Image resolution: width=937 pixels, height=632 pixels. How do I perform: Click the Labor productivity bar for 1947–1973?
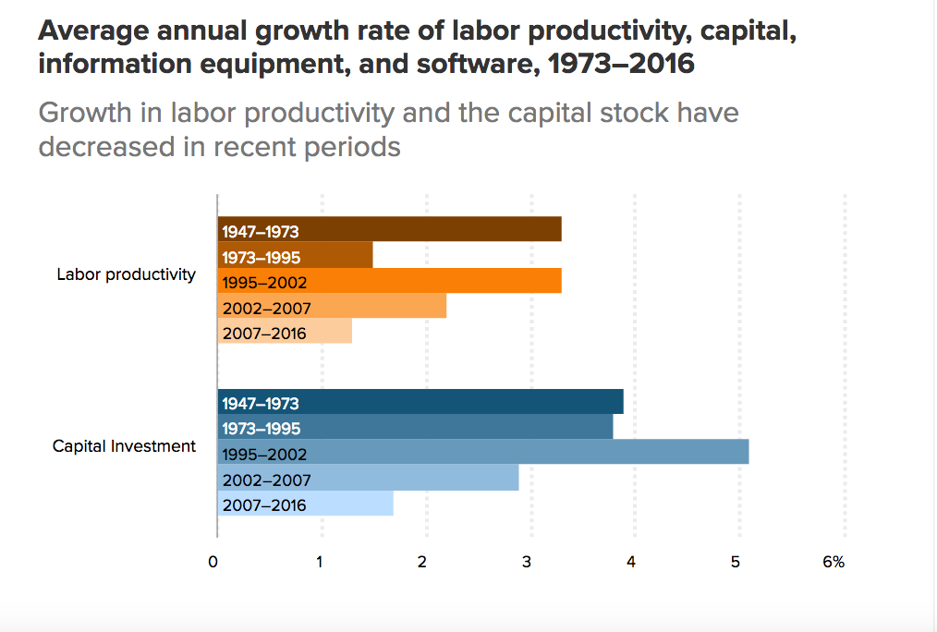click(389, 229)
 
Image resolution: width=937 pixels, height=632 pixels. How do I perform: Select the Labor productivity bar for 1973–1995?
click(295, 255)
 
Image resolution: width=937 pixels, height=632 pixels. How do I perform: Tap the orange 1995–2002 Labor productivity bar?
click(389, 280)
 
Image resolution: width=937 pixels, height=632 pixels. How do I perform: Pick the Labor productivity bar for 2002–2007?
click(332, 306)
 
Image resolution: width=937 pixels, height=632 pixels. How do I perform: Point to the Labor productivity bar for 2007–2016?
click(285, 331)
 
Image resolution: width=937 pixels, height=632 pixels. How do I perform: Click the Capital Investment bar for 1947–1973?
click(420, 402)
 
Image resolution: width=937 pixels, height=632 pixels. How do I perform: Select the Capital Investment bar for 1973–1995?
click(415, 428)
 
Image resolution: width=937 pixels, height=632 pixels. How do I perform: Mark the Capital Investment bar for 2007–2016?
click(305, 504)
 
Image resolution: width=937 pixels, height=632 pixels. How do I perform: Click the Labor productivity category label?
click(126, 274)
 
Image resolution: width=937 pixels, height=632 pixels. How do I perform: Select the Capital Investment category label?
click(124, 446)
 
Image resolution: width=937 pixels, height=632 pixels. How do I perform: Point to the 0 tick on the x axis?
click(213, 562)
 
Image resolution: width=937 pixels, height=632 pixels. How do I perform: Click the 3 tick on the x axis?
click(527, 562)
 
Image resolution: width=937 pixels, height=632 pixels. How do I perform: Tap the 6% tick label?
click(834, 562)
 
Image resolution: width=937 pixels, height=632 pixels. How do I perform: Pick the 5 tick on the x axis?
click(736, 562)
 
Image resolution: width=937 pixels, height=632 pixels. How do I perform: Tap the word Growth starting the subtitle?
click(81, 113)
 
